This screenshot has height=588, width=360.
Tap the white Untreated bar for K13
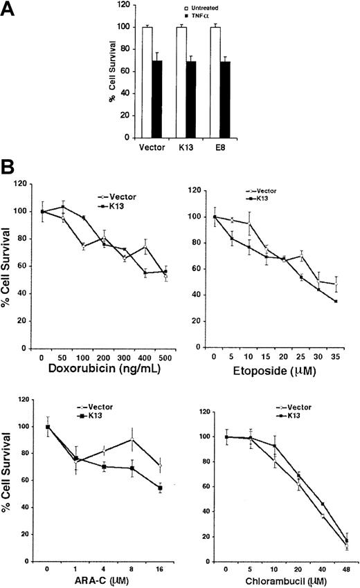pyautogui.click(x=181, y=82)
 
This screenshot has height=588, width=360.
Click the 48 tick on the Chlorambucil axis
pyautogui.click(x=345, y=558)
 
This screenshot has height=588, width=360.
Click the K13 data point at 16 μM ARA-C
pyautogui.click(x=160, y=488)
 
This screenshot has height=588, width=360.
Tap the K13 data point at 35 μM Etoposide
pyautogui.click(x=336, y=302)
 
